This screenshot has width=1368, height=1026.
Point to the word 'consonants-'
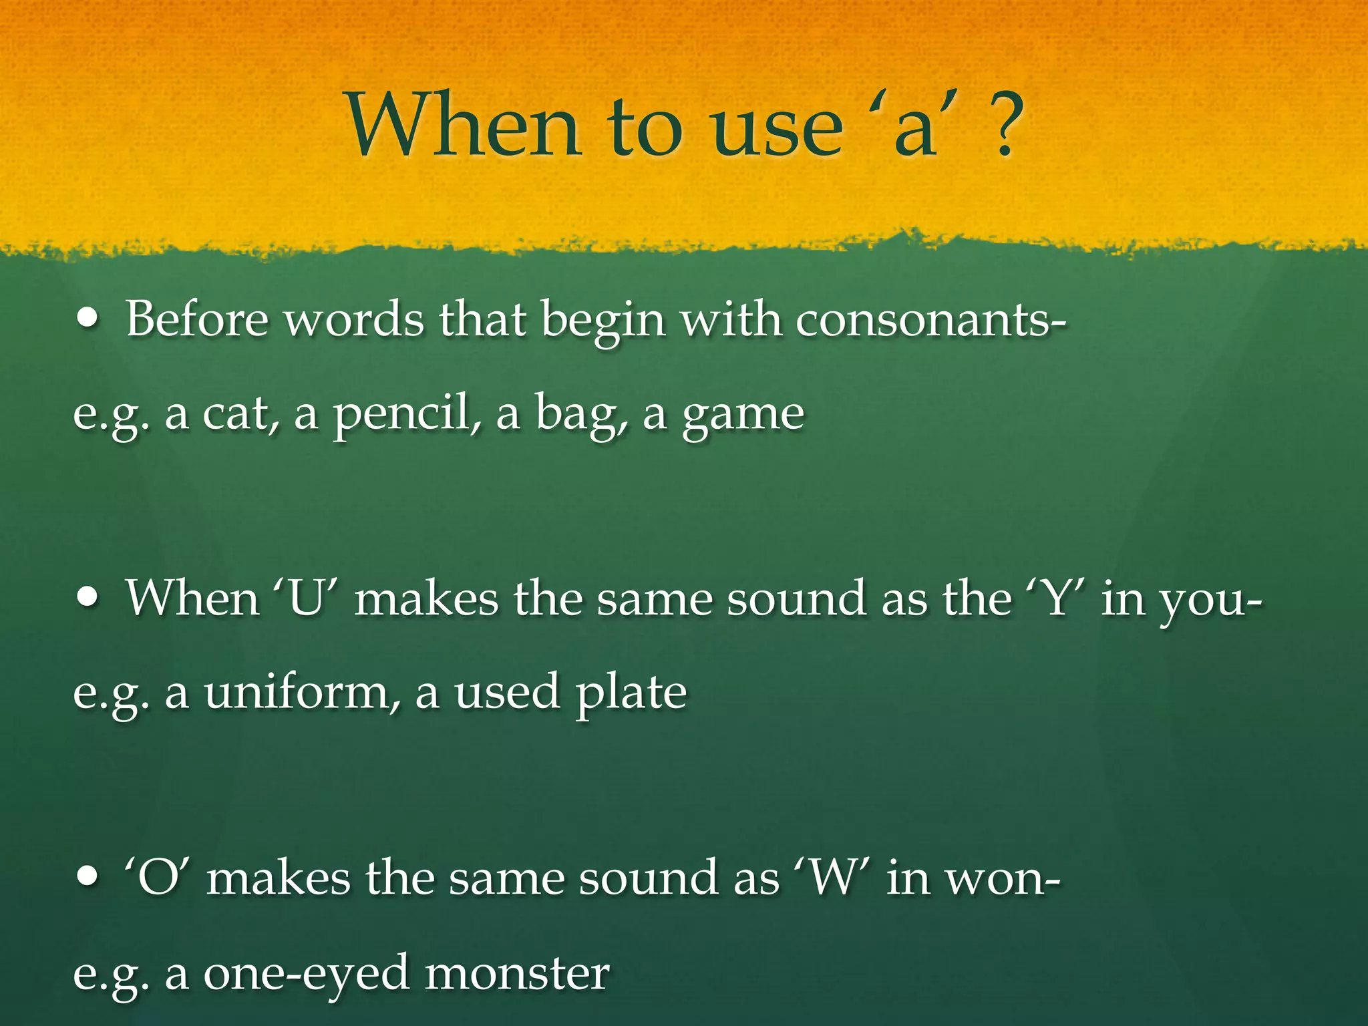[x=930, y=319]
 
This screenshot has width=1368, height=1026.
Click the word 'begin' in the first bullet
[x=603, y=321]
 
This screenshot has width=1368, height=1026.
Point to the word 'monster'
[x=517, y=973]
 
